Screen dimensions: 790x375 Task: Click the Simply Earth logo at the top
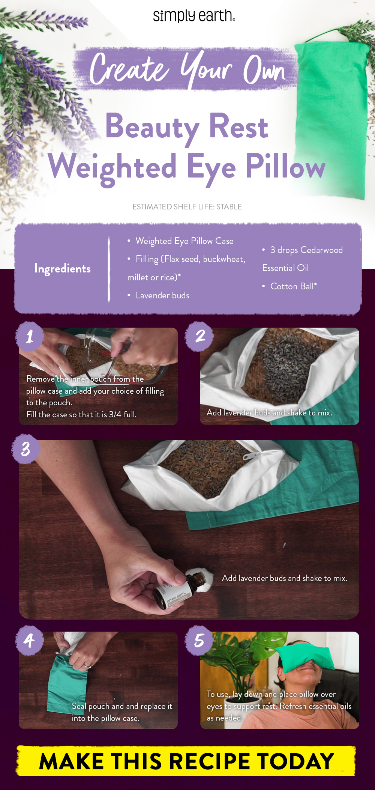pos(194,16)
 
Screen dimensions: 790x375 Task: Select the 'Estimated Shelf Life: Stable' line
pos(187,207)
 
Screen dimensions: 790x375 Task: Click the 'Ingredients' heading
pos(63,269)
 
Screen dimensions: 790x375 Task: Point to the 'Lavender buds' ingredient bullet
pos(162,295)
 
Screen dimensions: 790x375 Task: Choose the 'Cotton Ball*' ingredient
pos(293,286)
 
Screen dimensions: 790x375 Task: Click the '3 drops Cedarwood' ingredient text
pos(306,250)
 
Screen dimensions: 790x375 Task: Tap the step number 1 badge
pos(30,336)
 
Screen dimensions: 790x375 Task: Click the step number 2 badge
pos(200,336)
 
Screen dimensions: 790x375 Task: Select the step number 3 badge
pos(25,449)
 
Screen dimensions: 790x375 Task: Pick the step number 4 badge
pos(29,640)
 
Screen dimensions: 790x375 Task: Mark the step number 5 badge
pos(199,640)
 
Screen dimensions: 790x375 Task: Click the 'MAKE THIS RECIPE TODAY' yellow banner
pos(186,761)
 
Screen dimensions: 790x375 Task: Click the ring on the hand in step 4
pos(88,666)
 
